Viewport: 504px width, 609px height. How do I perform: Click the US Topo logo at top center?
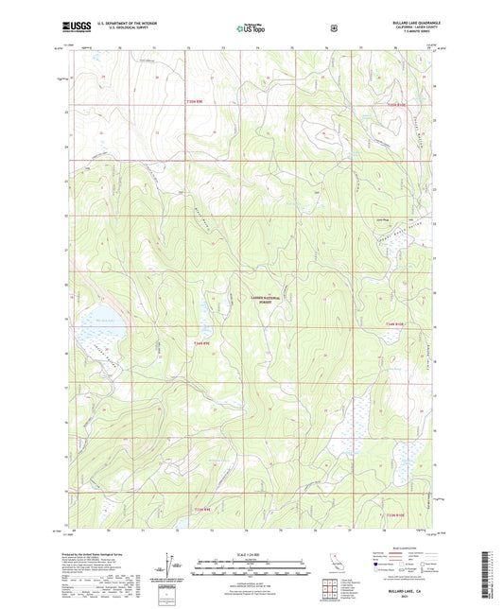click(x=252, y=28)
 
